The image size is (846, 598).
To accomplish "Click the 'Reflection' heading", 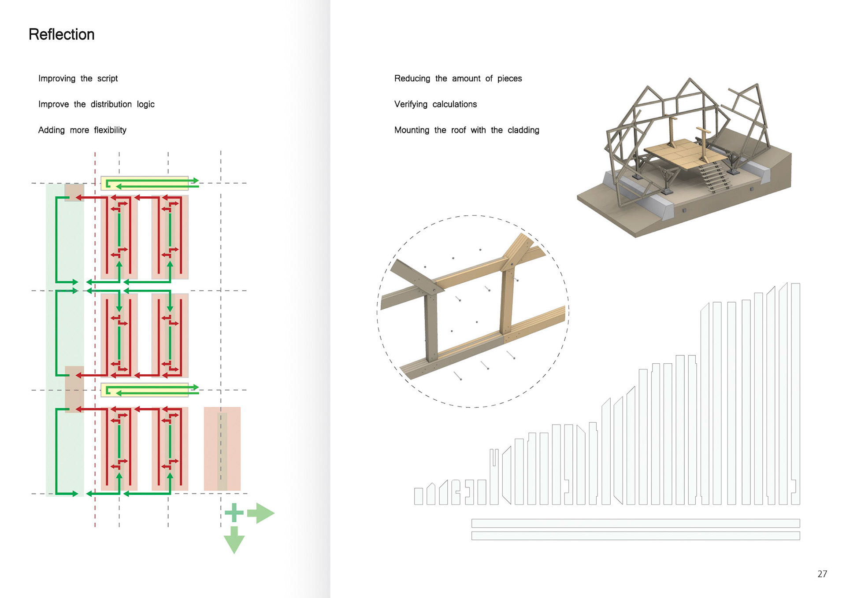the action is [x=62, y=34].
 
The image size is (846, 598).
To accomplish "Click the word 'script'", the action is [x=108, y=79].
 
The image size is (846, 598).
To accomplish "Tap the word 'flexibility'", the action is [x=110, y=130].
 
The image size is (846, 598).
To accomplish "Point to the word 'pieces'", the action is [x=509, y=79].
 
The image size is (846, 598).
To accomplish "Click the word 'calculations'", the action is [x=454, y=104].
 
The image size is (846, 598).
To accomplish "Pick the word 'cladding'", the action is [x=523, y=130].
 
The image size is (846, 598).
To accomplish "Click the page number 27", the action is [x=822, y=574].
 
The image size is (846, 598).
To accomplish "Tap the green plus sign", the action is [x=234, y=513].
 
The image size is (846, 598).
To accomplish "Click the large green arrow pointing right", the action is [x=261, y=513].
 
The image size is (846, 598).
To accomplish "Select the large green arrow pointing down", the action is [x=234, y=540].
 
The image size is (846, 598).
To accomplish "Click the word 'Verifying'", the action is [x=411, y=104].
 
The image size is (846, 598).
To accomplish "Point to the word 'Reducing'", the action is [x=412, y=79].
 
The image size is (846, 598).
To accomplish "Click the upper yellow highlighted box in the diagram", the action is [x=145, y=183].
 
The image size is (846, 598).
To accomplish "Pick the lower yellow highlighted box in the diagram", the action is [x=145, y=390].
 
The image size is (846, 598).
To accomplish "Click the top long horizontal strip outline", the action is [x=635, y=523].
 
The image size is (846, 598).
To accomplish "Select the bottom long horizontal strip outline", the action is [x=635, y=535].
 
